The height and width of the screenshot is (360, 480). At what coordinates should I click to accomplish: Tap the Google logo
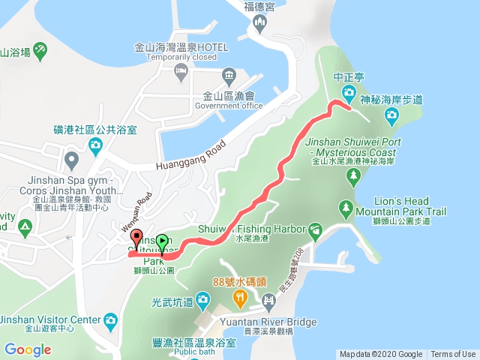coord(28,349)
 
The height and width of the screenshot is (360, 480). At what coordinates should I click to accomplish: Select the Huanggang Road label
coord(190,157)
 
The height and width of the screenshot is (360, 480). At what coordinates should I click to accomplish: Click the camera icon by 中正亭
coord(349,92)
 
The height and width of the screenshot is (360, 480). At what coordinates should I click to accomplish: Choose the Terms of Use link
coord(453,355)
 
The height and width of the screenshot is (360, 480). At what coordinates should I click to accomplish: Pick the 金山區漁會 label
coord(229,96)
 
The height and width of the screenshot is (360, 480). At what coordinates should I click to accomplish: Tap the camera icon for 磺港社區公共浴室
coord(96,145)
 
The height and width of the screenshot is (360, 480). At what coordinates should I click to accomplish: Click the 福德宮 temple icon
coord(260,23)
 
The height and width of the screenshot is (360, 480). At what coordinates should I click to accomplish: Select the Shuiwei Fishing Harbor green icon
coord(316,229)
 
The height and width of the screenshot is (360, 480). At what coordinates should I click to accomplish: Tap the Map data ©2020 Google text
coord(380,355)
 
